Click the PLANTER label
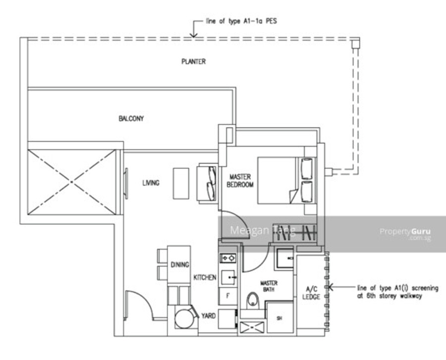coord(193,61)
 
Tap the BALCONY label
coord(131,118)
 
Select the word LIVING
coord(151,183)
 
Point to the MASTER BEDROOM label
coord(240,181)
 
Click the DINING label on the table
coord(180,264)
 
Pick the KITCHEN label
coord(205,277)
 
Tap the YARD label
coord(208,315)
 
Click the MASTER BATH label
coord(269,286)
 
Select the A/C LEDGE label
coord(311,293)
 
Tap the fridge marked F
coord(227,296)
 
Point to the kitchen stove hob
coord(228,258)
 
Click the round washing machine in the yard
coord(185,318)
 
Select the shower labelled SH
coord(280,318)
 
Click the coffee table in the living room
coord(181,184)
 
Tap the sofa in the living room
coord(207,183)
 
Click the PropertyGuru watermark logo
coord(405,234)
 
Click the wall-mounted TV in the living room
coord(126,184)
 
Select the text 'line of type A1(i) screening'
coord(397,288)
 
